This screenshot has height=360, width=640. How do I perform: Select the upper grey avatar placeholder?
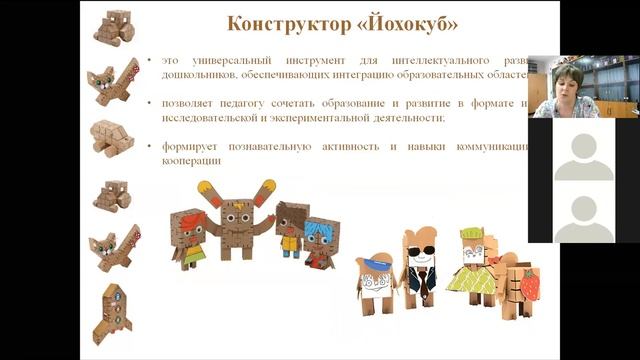[583, 157]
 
